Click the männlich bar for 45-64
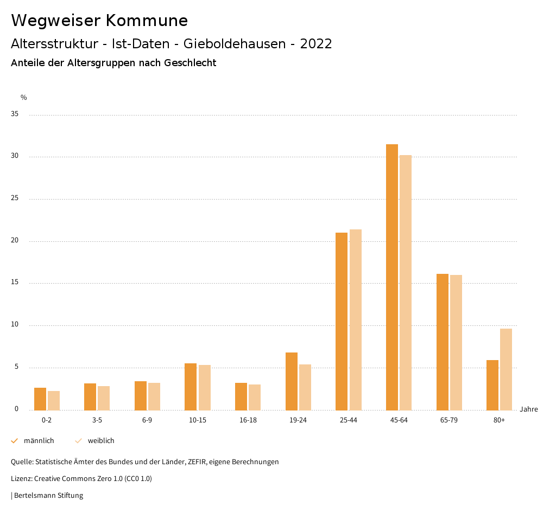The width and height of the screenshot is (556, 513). coord(392,277)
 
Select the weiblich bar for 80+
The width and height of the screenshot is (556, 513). coord(506,369)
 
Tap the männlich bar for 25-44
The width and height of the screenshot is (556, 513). coord(342,321)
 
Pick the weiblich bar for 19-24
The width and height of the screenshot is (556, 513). coord(305,387)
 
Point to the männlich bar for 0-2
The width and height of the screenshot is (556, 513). coord(40,399)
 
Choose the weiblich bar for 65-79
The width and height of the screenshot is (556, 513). coord(456,342)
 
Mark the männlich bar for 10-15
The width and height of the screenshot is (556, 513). coord(191,387)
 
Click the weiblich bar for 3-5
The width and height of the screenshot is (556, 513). coord(104,398)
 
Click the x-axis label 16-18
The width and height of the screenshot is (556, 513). coord(248,420)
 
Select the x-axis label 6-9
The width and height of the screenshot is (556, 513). coord(147,420)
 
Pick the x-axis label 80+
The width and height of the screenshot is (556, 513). coord(499,420)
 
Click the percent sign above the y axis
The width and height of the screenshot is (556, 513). coord(24,98)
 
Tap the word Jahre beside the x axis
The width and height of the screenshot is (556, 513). coord(529,409)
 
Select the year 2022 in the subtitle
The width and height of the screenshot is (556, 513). coord(316,44)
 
